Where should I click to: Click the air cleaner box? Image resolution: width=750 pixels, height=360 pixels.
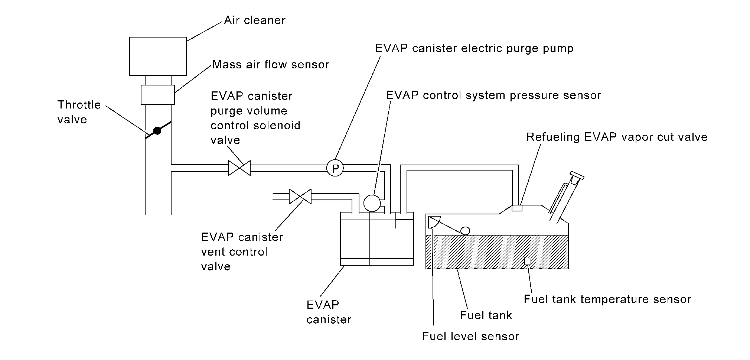point(158,56)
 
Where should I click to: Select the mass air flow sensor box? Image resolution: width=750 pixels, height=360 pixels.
point(158,94)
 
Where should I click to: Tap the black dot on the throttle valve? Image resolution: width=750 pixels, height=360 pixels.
point(157,131)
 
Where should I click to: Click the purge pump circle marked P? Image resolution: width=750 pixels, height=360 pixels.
point(335,169)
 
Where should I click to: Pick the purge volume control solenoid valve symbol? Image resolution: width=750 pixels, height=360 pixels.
point(239,168)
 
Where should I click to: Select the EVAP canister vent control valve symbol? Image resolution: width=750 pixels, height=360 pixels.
point(300,197)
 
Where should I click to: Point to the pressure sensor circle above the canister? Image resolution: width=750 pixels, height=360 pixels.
point(372,203)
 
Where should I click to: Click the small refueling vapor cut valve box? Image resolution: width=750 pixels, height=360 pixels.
point(517,208)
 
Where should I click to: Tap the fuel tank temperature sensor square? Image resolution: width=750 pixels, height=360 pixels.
point(527,262)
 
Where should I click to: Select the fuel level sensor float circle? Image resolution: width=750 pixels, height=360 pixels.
point(465,231)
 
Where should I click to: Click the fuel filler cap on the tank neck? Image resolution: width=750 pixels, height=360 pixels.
point(577,175)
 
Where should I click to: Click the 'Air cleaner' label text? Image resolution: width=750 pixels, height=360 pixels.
point(254,20)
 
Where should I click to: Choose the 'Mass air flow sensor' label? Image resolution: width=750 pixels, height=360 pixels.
point(271,65)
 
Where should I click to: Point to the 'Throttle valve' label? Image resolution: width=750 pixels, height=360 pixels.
point(79,112)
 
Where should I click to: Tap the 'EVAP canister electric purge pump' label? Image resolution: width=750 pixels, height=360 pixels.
point(474,49)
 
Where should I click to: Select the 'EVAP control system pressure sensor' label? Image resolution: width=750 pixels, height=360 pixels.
point(493,95)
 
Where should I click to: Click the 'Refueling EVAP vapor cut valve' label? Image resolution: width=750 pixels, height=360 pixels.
point(617,137)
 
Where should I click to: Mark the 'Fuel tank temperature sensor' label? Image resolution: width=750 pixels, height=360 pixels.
point(607,299)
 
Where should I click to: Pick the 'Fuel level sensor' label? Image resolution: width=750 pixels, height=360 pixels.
point(470,337)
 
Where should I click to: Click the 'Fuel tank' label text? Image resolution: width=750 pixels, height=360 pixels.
point(486,315)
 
